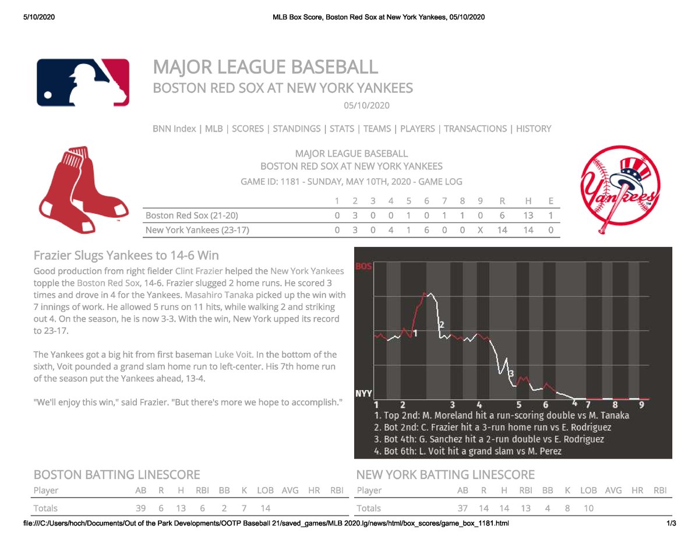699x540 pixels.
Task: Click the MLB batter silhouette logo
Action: pos(83,82)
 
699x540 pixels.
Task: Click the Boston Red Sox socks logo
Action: pos(83,188)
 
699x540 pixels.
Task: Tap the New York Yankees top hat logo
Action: pos(620,186)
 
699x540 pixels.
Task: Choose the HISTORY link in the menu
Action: pos(534,129)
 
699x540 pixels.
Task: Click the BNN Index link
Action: pos(174,129)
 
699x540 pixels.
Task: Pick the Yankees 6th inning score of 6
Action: pos(427,230)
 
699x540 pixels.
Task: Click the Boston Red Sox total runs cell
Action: pos(502,216)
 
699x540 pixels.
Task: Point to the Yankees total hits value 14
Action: pos(528,230)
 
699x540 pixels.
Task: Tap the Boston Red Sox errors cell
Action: pos(550,216)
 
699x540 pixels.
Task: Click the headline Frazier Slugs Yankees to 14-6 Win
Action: pos(126,256)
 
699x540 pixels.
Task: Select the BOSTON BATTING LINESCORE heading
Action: pos(116,475)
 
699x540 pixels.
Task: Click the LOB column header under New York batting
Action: pos(589,490)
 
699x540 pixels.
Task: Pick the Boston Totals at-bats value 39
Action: pos(140,508)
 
